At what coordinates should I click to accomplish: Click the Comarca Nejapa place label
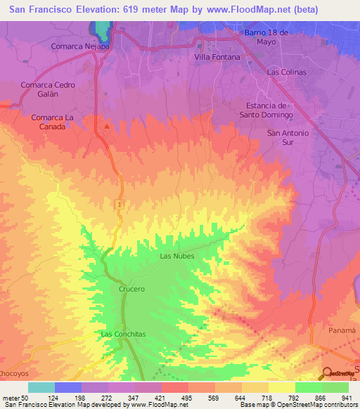81,46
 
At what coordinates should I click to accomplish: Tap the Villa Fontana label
217,57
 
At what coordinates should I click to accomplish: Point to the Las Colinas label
288,72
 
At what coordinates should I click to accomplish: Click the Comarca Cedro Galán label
48,89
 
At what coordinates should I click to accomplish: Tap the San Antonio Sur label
288,137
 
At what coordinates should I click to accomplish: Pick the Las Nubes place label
177,256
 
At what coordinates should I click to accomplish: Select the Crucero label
131,289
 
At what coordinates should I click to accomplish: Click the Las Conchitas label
123,335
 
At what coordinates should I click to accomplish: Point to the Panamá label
343,330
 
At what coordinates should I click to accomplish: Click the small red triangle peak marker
106,126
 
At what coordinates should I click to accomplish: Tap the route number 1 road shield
120,203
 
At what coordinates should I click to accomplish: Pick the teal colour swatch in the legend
41,387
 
